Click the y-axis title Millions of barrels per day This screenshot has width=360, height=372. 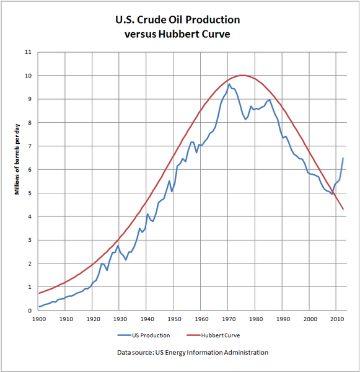tap(17, 159)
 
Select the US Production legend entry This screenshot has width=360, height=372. tap(144, 335)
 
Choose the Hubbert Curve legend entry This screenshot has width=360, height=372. tap(213, 335)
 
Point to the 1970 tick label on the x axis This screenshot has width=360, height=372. tap(229, 319)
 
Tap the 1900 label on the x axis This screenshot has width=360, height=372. tap(39, 319)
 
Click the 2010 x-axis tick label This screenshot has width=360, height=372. tap(337, 319)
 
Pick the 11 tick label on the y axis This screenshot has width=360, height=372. tap(28, 52)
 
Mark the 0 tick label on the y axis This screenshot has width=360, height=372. tap(30, 311)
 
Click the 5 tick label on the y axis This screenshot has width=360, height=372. tap(30, 193)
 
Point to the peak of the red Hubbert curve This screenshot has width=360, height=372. tap(242, 75)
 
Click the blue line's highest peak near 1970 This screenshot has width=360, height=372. tap(229, 84)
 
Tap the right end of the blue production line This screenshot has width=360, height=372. tap(343, 157)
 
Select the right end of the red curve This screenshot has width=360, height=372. tap(343, 210)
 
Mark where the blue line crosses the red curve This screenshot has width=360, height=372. tap(333, 192)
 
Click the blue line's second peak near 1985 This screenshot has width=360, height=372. tap(270, 100)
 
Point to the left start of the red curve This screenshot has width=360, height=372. tap(39, 293)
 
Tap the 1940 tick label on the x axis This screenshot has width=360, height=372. tap(147, 319)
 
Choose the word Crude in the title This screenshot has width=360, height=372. tap(152, 20)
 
